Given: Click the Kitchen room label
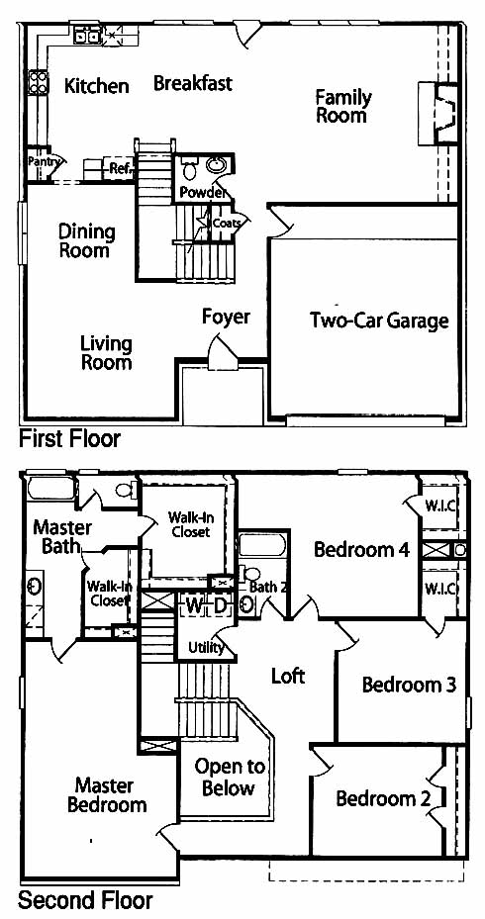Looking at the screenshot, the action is click(96, 86).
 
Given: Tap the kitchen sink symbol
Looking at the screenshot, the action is click(86, 36).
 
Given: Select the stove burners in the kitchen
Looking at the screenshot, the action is click(39, 81).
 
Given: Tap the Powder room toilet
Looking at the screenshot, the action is click(189, 168).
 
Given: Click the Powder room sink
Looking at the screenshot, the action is click(217, 166).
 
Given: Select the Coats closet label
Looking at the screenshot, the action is click(227, 223).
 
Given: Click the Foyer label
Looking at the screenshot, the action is click(227, 317).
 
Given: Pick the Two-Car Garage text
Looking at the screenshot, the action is click(379, 321).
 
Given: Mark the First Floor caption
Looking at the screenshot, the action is click(69, 438).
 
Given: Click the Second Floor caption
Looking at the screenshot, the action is click(85, 899).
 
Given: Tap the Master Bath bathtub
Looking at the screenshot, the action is click(51, 489).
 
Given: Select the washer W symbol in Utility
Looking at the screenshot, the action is click(193, 604).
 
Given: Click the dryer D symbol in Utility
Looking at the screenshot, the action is click(220, 604).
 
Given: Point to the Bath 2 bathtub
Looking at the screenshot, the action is click(262, 544).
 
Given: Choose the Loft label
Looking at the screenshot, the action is click(288, 676).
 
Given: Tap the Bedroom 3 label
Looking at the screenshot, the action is click(409, 685).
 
